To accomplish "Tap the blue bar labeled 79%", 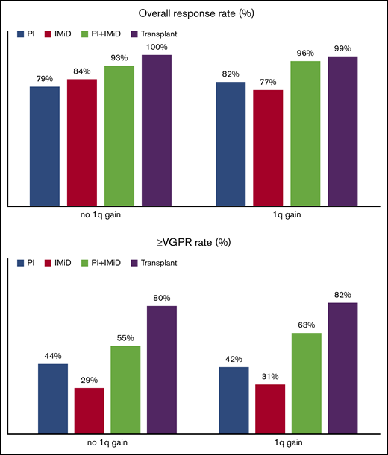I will point(45,146).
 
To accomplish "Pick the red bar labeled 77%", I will point(268,147).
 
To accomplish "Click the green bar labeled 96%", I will point(305,133).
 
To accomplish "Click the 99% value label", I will point(342,48).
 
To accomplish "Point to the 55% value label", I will point(125,338).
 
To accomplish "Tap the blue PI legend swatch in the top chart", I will point(22,34).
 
